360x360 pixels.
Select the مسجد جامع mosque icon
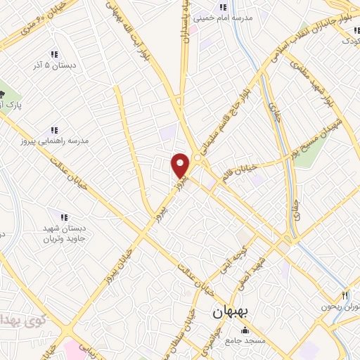pos(245,330)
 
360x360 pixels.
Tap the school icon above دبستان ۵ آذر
pos(53,54)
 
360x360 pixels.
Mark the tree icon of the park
pos(3,94)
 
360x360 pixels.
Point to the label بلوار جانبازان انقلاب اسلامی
pos(295,42)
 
